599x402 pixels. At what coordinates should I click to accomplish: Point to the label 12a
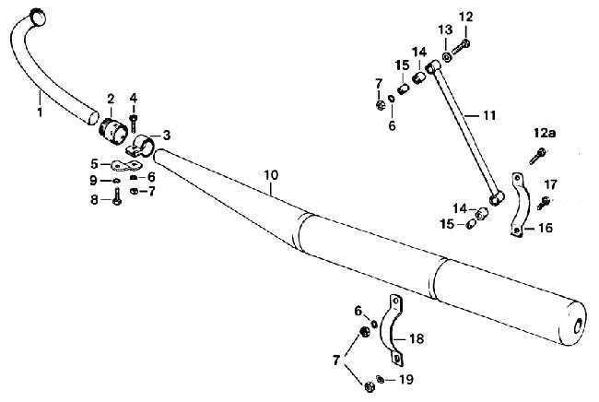tap(544, 134)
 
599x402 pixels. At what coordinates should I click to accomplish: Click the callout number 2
tap(111, 97)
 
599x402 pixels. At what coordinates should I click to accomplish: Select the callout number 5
tap(94, 166)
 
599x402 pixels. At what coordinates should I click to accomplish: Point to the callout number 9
tap(94, 180)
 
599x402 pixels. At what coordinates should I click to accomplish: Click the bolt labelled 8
tap(117, 199)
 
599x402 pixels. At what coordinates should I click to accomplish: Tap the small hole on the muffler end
tap(577, 325)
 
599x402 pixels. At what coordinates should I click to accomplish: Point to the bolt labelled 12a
tap(534, 157)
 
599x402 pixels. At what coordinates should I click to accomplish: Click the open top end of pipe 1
tap(40, 14)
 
